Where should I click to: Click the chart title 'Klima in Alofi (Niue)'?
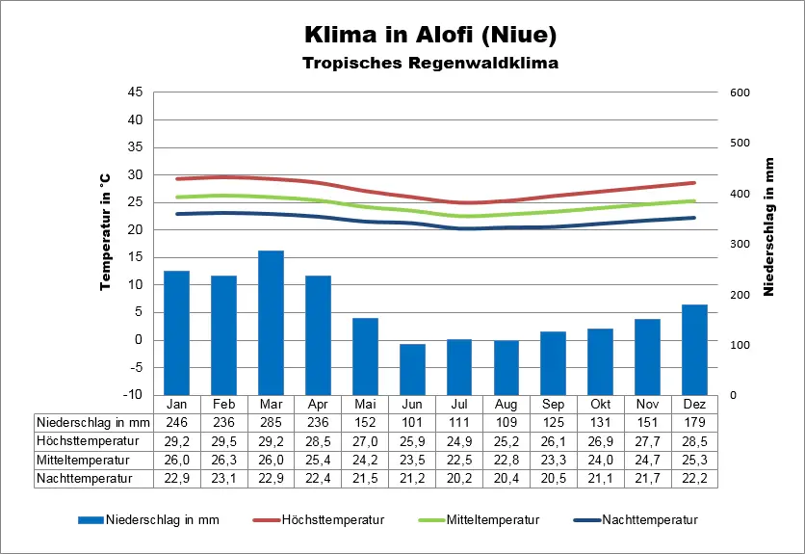pyautogui.click(x=429, y=35)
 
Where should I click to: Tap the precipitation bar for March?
pyautogui.click(x=271, y=322)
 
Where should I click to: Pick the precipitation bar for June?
pyautogui.click(x=412, y=369)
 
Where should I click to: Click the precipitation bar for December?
pyautogui.click(x=694, y=349)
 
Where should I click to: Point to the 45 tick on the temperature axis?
pyautogui.click(x=135, y=92)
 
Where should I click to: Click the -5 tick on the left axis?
pyautogui.click(x=135, y=367)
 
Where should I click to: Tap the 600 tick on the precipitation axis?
pyautogui.click(x=740, y=92)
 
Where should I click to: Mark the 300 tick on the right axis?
pyautogui.click(x=740, y=244)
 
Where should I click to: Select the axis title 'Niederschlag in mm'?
pyautogui.click(x=769, y=226)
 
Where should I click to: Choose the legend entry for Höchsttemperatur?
pyautogui.click(x=319, y=520)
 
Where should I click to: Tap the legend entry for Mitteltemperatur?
pyautogui.click(x=480, y=520)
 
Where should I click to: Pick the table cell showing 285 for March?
pyautogui.click(x=271, y=422)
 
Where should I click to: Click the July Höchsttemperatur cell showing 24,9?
pyautogui.click(x=458, y=440)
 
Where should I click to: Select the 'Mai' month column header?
pyautogui.click(x=365, y=404)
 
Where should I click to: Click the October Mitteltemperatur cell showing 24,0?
pyautogui.click(x=600, y=459)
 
